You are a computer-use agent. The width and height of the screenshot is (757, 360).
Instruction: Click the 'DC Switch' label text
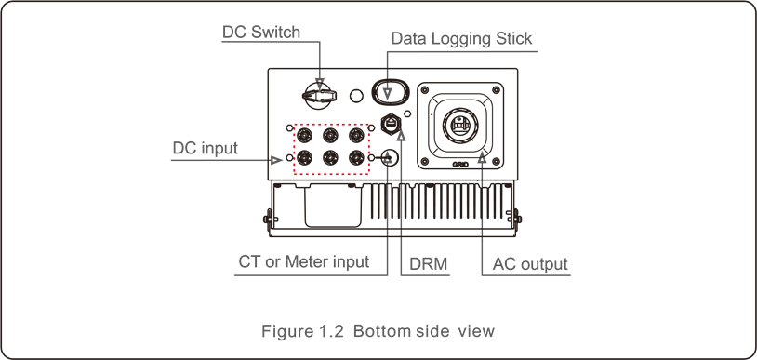click(x=261, y=33)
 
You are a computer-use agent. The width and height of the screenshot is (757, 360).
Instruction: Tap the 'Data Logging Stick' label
click(x=461, y=39)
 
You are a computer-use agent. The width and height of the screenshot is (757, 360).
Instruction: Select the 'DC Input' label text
click(x=206, y=148)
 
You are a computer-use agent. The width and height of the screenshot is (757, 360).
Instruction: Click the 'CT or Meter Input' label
click(x=303, y=262)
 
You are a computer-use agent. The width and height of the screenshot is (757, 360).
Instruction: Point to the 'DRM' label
click(x=429, y=264)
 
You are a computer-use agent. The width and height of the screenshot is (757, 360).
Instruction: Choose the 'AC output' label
click(x=529, y=264)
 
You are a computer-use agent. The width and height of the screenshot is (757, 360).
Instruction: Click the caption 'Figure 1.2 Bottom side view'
click(x=378, y=331)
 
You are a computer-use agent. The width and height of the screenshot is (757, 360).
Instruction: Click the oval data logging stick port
click(x=390, y=93)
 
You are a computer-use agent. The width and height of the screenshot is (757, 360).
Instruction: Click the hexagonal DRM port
click(x=392, y=123)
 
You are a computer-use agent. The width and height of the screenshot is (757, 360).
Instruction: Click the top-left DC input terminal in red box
click(x=304, y=134)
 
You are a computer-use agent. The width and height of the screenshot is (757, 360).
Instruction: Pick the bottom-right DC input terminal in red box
click(x=357, y=158)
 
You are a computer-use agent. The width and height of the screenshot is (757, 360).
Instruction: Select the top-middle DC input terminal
click(x=330, y=134)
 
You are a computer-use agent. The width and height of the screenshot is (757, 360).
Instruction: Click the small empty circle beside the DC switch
click(x=355, y=95)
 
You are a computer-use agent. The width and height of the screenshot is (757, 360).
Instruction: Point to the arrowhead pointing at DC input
click(x=276, y=160)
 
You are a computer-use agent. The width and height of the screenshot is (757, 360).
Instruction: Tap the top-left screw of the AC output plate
click(x=425, y=91)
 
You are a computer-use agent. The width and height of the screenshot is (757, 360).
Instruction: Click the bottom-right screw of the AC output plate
click(x=498, y=162)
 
